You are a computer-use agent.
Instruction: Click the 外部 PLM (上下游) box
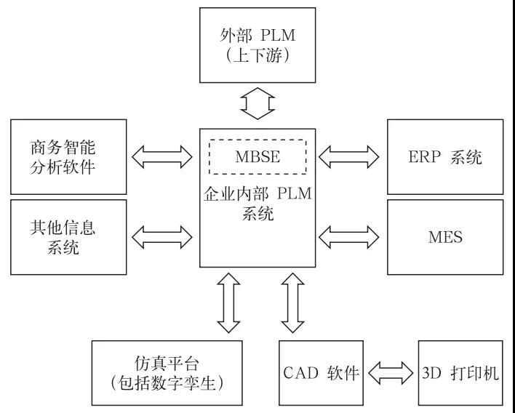(257, 45)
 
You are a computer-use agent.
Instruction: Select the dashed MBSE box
(257, 156)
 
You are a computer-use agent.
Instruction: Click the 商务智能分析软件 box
(68, 156)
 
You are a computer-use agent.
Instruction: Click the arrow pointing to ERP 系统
(350, 154)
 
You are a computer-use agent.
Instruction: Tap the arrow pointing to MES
(350, 234)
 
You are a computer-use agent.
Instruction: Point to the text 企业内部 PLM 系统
(257, 205)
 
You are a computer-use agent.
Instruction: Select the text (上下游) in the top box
(257, 57)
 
